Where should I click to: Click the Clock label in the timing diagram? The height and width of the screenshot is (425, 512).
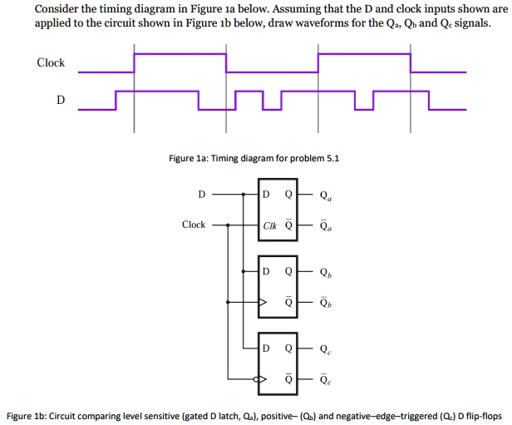click(x=51, y=62)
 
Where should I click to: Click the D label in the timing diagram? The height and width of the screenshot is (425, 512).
click(x=61, y=100)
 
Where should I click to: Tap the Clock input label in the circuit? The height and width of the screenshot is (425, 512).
click(x=194, y=225)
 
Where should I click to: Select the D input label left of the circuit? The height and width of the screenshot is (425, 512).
click(x=202, y=195)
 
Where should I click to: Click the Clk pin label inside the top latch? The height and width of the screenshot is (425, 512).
click(x=269, y=225)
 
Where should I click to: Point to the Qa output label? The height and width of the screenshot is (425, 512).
click(x=326, y=195)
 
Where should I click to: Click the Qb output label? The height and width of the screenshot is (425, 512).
click(x=326, y=273)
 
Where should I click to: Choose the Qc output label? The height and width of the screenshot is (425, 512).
click(x=326, y=349)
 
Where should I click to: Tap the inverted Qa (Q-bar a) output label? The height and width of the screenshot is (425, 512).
click(x=326, y=225)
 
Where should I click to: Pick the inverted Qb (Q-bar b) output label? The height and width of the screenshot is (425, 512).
click(x=326, y=303)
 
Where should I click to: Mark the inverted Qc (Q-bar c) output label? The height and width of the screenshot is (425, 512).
click(x=326, y=379)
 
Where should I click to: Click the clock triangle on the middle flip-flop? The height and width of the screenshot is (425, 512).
click(x=263, y=302)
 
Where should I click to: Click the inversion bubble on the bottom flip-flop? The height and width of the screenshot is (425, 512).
click(x=257, y=379)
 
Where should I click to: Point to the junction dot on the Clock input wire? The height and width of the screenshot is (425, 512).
click(x=228, y=225)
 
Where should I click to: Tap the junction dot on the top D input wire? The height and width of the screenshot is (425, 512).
click(x=244, y=195)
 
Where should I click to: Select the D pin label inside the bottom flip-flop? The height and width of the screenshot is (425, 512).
click(x=266, y=348)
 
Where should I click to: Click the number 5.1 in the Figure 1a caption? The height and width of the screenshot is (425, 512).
click(x=333, y=158)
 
